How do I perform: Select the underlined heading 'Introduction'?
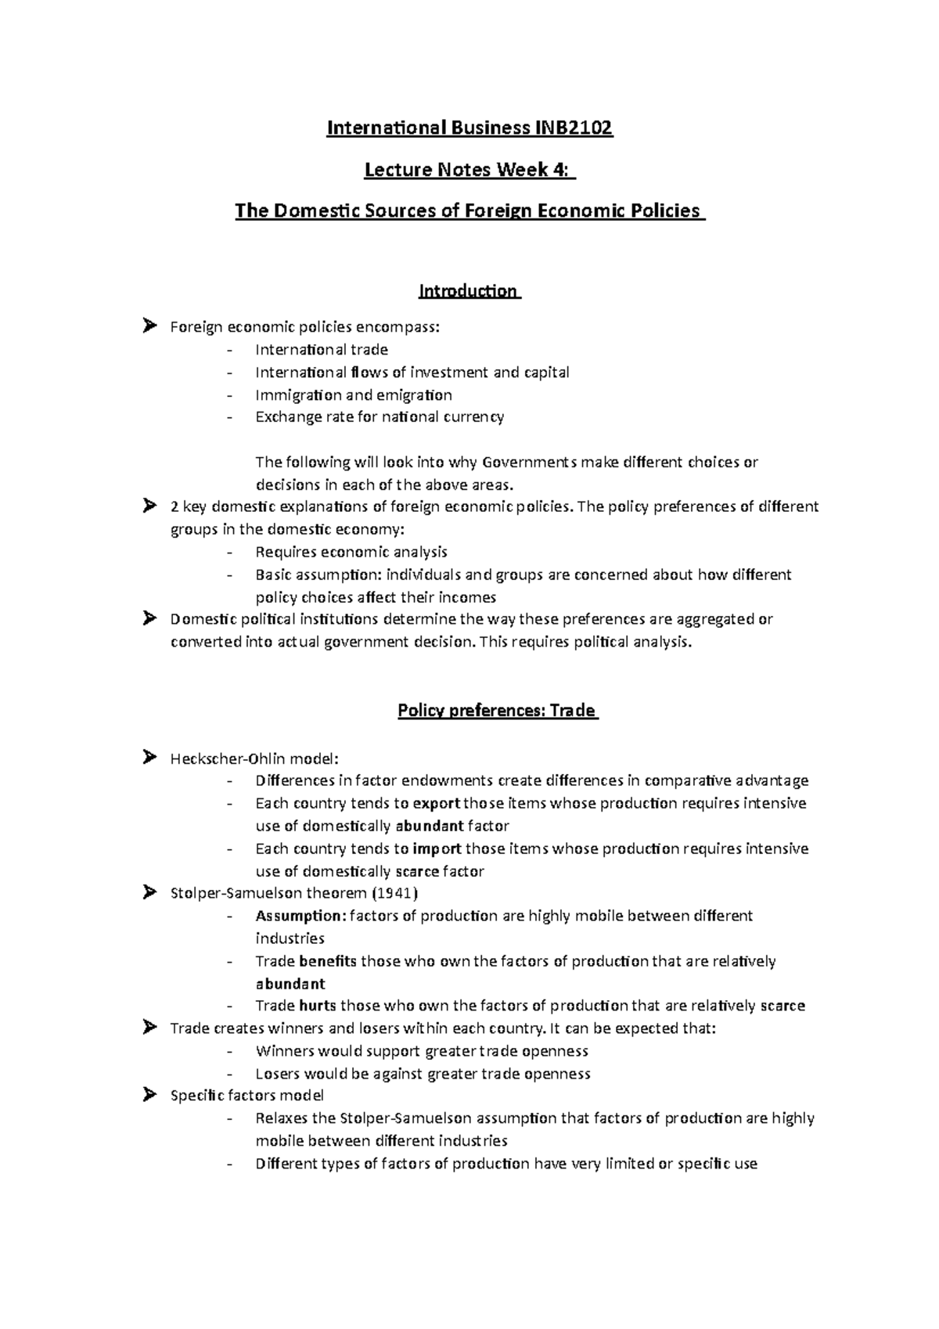point(468,291)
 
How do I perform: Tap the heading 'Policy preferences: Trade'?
point(497,711)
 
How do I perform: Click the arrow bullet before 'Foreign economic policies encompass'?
point(150,326)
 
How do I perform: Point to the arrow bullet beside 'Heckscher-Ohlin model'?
point(150,757)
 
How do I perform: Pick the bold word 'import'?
point(437,848)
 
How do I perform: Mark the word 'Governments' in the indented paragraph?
point(529,462)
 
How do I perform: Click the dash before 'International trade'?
point(229,350)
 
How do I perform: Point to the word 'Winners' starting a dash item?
point(285,1051)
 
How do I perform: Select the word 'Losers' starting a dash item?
point(278,1074)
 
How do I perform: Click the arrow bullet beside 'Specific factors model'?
point(150,1096)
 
